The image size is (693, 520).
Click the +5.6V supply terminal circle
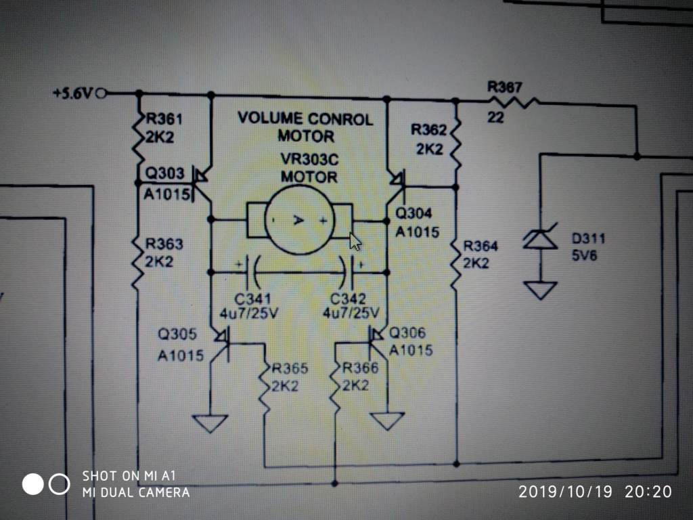[x=102, y=93]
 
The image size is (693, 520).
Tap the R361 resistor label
[x=164, y=119]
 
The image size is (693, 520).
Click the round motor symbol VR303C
[x=300, y=220]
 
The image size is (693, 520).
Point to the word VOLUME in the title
[x=269, y=118]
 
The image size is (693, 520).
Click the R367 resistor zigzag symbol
[x=513, y=103]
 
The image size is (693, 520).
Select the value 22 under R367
[x=496, y=118]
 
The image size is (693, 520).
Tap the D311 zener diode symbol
[x=540, y=239]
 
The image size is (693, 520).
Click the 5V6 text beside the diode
[x=584, y=255]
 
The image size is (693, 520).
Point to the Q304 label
[x=413, y=213]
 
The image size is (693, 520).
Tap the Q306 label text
[x=407, y=332]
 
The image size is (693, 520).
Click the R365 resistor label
[x=290, y=368]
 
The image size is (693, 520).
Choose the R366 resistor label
[x=360, y=368]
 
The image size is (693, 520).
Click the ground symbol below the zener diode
[x=540, y=290]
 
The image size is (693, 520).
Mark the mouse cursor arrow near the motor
[x=355, y=242]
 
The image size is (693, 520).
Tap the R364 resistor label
[x=480, y=246]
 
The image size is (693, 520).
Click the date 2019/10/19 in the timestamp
[x=565, y=492]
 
